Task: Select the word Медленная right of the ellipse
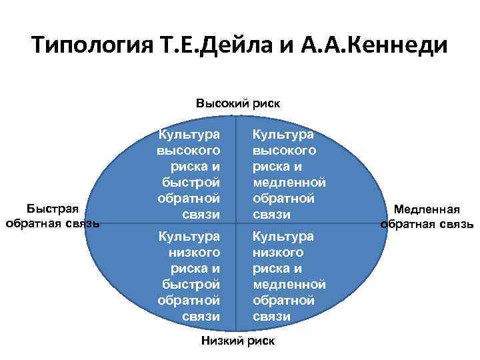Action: click(427, 210)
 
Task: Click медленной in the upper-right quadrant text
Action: click(289, 182)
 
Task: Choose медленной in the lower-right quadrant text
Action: click(289, 285)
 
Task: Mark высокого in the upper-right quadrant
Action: click(284, 150)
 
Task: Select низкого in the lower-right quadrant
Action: click(277, 253)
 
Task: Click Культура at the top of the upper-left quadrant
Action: click(189, 134)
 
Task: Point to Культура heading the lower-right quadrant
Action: click(283, 237)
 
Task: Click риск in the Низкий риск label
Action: click(260, 341)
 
